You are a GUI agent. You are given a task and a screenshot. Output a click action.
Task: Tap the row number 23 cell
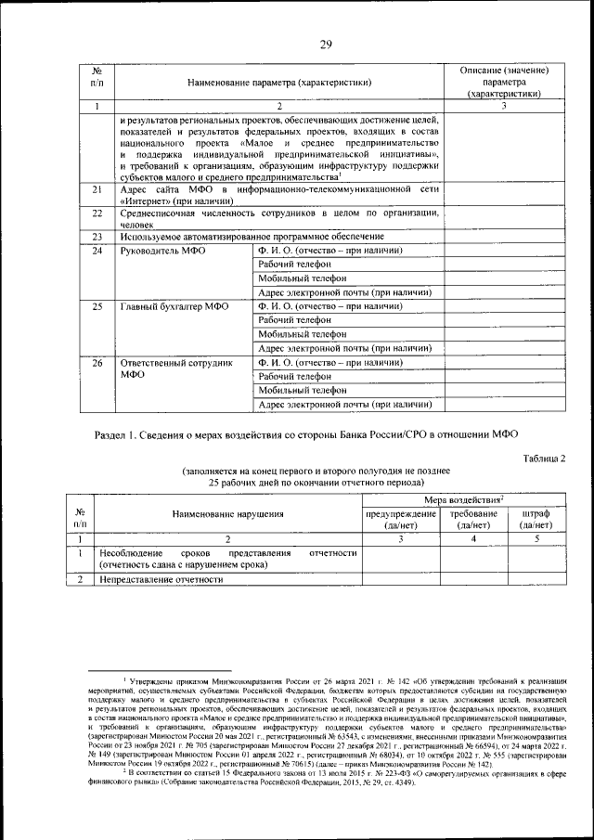point(97,238)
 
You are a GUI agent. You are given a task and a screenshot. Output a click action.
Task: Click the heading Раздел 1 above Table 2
point(306,434)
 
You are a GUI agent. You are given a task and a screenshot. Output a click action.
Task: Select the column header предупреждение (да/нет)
point(401,520)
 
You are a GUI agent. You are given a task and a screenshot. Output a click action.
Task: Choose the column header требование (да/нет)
point(473,520)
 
